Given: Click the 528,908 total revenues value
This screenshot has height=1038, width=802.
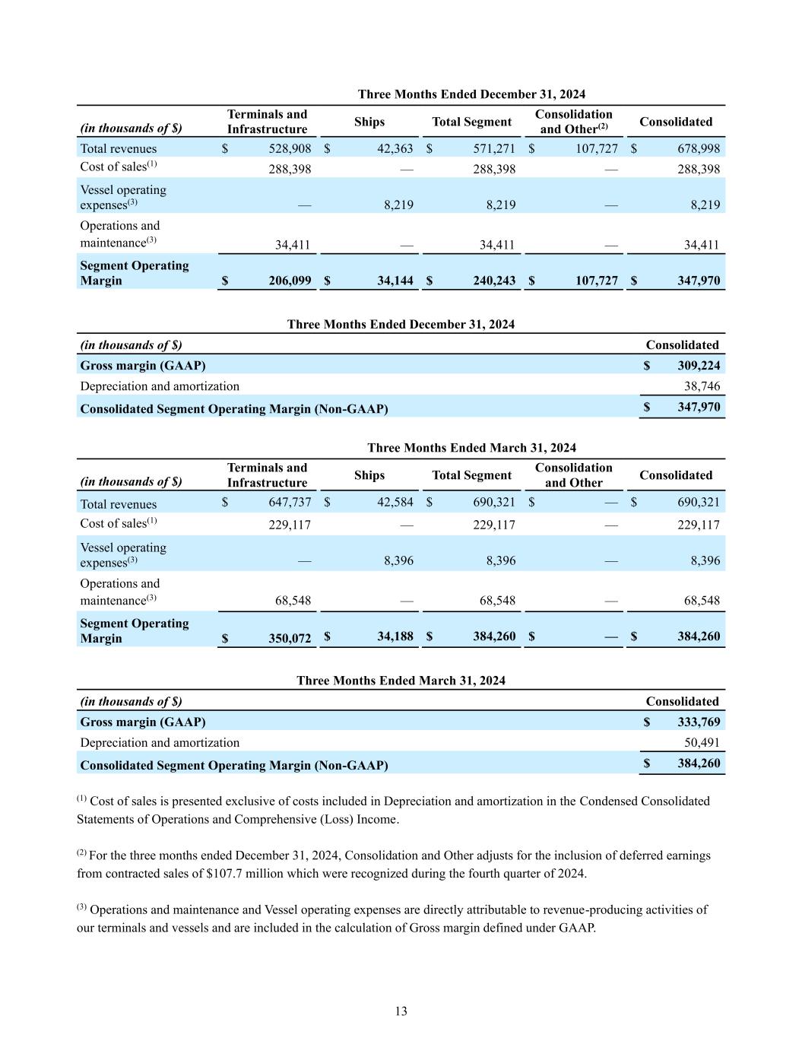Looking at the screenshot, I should [290, 149].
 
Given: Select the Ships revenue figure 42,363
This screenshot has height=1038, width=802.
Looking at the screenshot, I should [395, 149].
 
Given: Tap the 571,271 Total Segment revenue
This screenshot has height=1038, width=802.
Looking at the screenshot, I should [494, 149].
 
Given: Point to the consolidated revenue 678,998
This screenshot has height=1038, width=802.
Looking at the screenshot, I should [699, 149].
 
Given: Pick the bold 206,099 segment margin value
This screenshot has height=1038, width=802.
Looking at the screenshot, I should [290, 281].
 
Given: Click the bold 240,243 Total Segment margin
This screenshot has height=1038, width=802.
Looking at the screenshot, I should [494, 281].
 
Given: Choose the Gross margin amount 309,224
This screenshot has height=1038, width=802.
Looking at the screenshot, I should [699, 366].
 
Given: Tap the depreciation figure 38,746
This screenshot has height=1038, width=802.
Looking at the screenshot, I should [702, 386].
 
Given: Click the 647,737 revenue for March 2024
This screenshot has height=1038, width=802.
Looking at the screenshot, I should [290, 503].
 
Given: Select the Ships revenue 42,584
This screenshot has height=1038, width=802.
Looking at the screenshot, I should [395, 503].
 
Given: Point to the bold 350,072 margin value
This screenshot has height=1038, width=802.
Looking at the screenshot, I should [290, 638].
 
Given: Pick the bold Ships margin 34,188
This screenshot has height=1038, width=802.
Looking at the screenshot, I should [395, 636].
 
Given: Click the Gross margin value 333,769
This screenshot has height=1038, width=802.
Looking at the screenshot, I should [699, 722].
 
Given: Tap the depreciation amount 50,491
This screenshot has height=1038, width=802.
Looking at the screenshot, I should [702, 743].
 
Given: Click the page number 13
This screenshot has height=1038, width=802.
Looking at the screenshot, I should [401, 1011].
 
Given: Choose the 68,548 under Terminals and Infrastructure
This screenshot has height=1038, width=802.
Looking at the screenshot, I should [293, 601].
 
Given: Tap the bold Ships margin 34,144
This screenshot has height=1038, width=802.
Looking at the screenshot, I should [395, 281].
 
